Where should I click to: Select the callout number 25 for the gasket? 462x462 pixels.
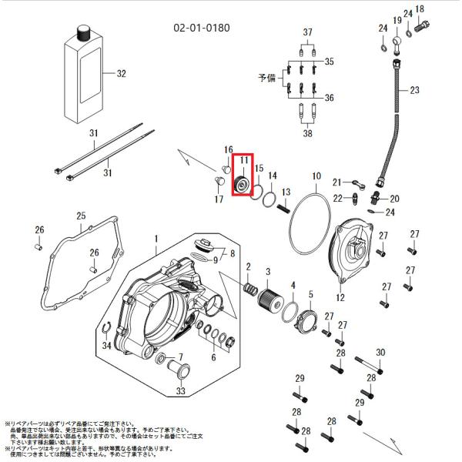click(x=81, y=216)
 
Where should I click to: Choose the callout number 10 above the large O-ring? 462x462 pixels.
click(x=316, y=176)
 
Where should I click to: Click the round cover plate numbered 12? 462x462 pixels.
click(x=350, y=251)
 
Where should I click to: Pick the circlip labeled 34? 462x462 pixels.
click(x=109, y=331)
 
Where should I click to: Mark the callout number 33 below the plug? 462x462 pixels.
click(x=180, y=391)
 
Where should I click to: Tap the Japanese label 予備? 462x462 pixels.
click(x=266, y=79)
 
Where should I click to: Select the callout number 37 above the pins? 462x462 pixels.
click(x=308, y=32)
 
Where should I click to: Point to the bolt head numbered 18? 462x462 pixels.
click(x=423, y=25)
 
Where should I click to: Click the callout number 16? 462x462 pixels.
click(x=228, y=149)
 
